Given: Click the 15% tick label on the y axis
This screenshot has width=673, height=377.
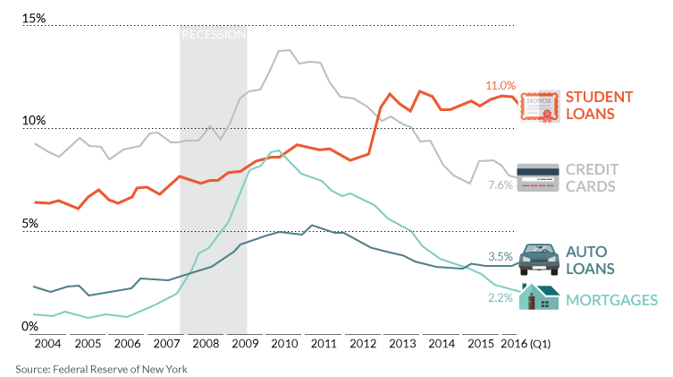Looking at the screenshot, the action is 33,18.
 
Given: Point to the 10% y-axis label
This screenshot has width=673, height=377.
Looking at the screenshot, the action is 33,120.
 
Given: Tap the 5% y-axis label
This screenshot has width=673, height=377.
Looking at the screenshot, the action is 30,224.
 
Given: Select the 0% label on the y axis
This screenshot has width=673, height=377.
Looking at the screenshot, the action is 30,326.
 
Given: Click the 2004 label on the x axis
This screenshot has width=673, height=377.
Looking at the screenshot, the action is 47,344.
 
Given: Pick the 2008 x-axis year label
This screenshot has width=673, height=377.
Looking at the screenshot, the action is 206,344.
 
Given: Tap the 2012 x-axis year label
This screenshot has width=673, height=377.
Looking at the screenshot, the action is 363,344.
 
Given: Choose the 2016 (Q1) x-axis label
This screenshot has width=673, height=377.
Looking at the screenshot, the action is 526,344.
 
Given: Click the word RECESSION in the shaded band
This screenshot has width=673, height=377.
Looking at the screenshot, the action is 214,34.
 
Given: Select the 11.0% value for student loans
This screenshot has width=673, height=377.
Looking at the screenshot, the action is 501,86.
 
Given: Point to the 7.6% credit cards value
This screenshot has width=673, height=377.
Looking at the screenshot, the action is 501,184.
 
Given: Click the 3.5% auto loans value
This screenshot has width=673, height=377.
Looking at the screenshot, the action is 501,257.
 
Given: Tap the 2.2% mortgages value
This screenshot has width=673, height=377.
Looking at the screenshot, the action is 501,297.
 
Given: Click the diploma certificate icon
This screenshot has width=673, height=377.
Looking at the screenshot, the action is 540,107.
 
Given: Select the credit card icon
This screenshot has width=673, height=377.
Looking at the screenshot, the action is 538,177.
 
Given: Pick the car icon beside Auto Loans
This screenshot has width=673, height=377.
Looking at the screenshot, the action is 539,259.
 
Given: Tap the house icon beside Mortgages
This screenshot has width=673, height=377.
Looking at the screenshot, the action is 540,296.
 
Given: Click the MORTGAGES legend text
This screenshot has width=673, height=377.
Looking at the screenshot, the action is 611,300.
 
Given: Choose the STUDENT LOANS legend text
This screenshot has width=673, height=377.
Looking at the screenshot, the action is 599,106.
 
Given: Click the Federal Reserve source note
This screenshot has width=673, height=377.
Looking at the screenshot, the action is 102,369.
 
